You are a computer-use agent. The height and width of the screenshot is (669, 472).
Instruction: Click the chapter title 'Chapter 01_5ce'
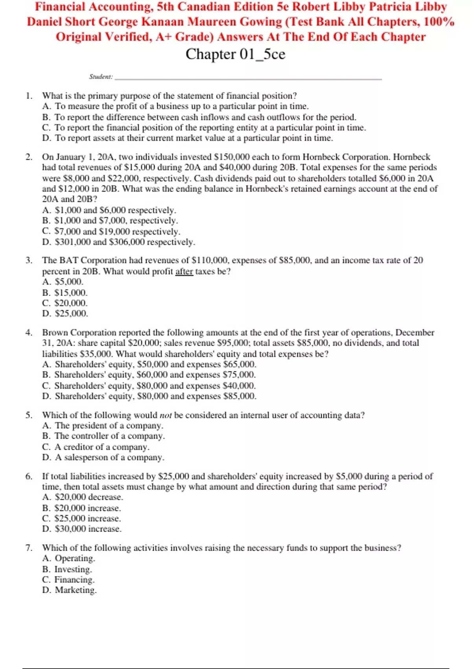pos(235,54)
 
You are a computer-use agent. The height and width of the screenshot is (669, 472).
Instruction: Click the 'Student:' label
pos(101,77)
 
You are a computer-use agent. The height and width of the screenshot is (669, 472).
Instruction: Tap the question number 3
pos(29,261)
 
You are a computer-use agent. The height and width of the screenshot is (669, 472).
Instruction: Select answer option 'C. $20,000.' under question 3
pos(65,303)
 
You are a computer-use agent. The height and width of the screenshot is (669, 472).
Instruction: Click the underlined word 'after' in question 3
pos(184,272)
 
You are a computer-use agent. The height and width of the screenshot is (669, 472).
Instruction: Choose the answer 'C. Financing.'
pos(68,580)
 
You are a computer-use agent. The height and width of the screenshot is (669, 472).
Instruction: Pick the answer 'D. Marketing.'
pos(69,590)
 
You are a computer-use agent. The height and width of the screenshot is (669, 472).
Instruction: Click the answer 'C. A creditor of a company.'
pos(96,447)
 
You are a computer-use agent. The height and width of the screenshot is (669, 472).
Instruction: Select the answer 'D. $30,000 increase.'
pos(82,529)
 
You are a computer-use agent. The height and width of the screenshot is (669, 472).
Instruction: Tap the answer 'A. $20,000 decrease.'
pos(83,497)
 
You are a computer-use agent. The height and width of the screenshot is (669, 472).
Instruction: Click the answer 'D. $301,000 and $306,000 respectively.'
pos(118,242)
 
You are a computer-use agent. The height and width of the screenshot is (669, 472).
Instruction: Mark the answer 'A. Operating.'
pos(69,558)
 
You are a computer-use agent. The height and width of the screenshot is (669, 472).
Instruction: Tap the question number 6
pos(29,476)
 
